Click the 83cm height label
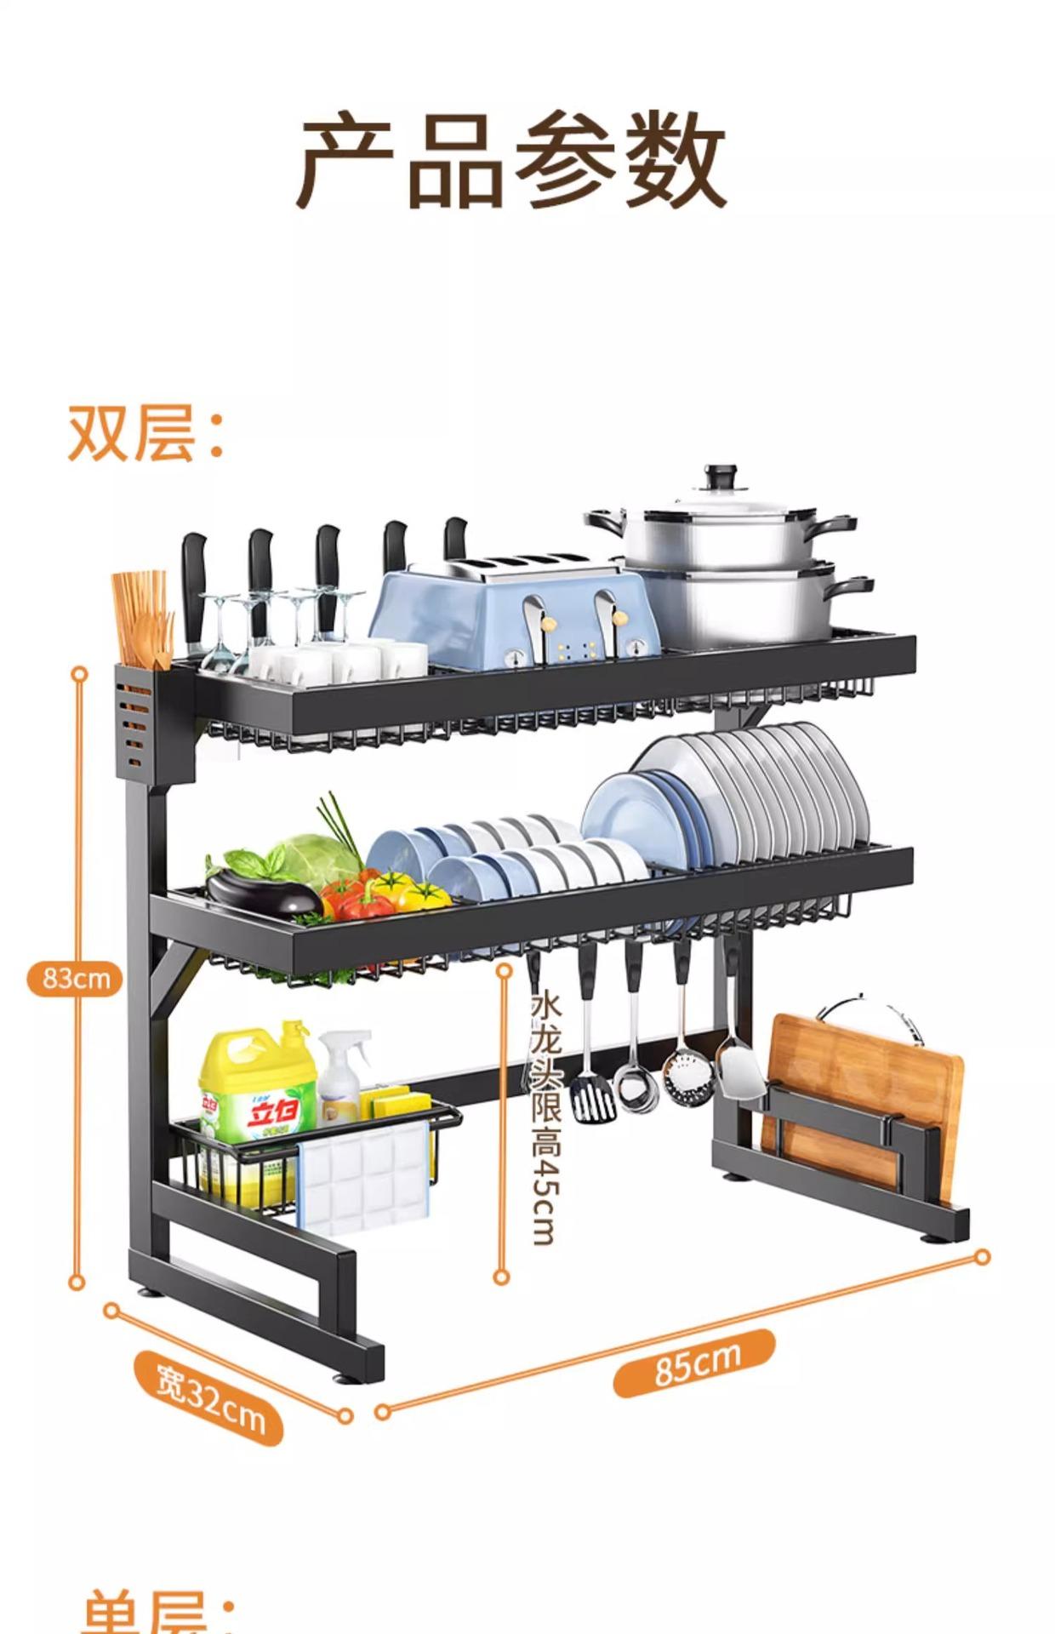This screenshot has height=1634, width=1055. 76,978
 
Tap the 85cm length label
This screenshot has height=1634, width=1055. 695,1363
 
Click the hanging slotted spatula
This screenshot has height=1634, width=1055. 592,1098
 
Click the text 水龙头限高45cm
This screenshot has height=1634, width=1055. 545,1115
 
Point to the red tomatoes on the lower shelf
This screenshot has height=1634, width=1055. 357,902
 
